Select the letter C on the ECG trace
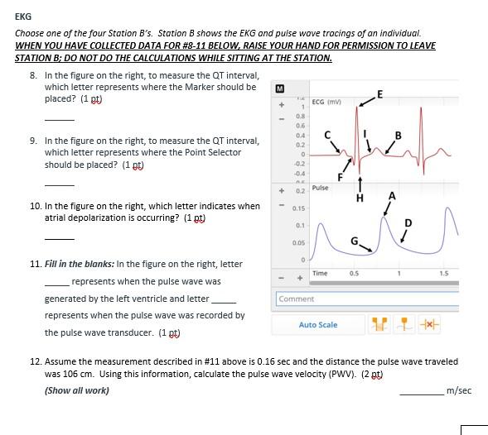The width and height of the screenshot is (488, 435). [x=327, y=134]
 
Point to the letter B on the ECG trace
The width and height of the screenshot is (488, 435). [x=398, y=136]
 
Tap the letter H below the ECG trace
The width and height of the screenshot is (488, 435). [x=360, y=198]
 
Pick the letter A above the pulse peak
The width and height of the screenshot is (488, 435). [x=392, y=196]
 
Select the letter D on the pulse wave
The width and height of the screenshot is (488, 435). [x=408, y=222]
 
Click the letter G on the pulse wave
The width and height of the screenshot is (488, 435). [x=354, y=241]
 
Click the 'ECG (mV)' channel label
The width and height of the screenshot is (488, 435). [x=327, y=103]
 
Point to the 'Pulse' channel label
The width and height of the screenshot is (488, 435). [x=320, y=188]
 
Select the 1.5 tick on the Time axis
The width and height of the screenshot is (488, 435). [x=444, y=273]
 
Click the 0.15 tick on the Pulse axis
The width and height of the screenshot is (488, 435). [x=298, y=208]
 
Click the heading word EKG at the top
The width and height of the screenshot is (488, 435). [x=23, y=16]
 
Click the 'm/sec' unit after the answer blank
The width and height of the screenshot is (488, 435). [x=458, y=390]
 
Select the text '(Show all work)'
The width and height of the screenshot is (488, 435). [x=76, y=390]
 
